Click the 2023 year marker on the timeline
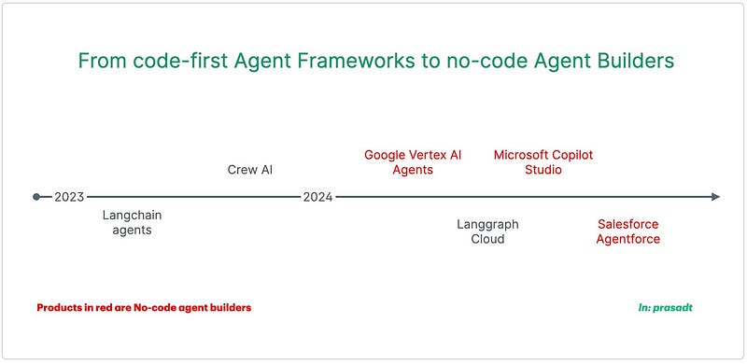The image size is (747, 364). click(69, 197)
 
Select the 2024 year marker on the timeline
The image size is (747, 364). click(317, 197)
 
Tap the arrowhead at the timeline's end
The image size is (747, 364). click(714, 197)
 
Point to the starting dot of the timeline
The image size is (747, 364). click(36, 197)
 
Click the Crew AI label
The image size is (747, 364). click(249, 170)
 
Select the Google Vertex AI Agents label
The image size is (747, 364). click(412, 162)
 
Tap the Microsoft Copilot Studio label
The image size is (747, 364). click(543, 162)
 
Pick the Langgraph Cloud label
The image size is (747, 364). click(487, 231)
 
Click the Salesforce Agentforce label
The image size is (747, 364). click(628, 231)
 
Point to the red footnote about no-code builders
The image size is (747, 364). click(144, 307)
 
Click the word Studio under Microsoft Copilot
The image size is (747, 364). click(543, 170)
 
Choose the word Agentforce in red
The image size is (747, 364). click(628, 239)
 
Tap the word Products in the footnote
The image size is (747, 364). click(59, 307)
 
